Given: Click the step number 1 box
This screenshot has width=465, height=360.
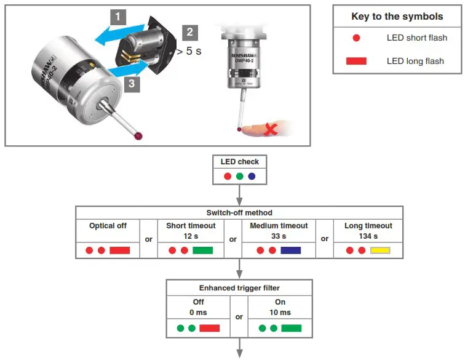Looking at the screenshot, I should (x=119, y=17).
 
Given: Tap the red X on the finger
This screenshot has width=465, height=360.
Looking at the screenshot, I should (x=269, y=129).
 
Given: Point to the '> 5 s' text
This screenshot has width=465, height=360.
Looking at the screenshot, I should (x=189, y=51).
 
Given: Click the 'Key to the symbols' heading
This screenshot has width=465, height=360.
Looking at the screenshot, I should (x=397, y=17).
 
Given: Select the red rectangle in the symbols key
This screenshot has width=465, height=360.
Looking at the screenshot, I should (x=356, y=61).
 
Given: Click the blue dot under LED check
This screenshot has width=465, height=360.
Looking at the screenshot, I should (x=252, y=176).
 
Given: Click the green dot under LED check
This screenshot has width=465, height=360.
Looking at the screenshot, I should (x=240, y=176).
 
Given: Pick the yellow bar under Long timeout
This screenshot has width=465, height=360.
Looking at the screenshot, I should (x=380, y=250).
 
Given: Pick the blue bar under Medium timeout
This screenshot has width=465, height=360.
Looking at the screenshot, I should (x=290, y=250).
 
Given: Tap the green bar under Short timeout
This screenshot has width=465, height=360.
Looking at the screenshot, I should (x=202, y=250).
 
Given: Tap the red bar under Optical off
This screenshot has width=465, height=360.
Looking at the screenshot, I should (x=119, y=250).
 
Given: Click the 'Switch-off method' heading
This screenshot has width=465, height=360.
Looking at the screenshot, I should (x=239, y=212).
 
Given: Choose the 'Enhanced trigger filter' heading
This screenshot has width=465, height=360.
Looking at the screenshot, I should (x=239, y=288).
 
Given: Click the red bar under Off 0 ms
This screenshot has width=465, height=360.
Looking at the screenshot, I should (x=209, y=328).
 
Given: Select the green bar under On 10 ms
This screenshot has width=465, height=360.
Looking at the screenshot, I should (x=292, y=328).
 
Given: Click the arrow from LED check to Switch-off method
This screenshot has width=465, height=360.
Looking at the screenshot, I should (x=239, y=195).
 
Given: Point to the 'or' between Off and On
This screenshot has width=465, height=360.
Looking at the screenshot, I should (x=239, y=317).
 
